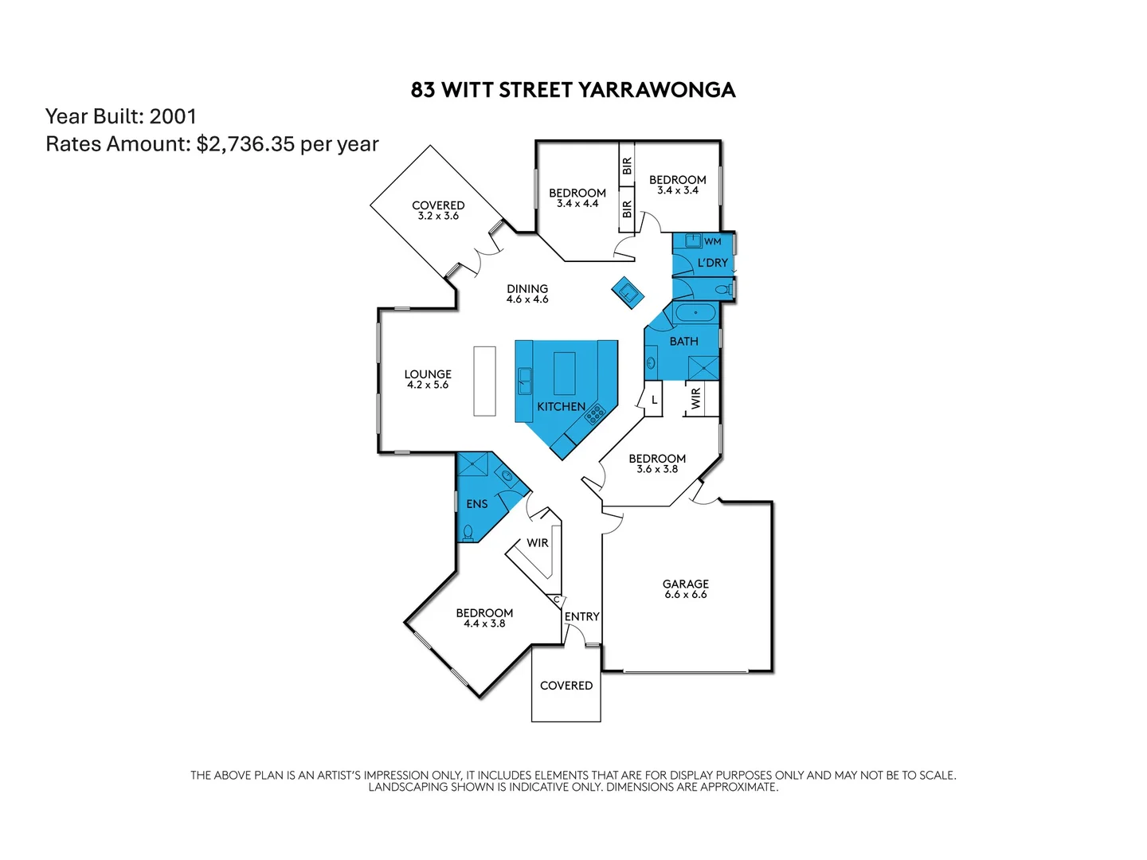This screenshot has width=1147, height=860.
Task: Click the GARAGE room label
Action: pyautogui.click(x=685, y=584)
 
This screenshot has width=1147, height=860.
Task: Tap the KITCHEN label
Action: pyautogui.click(x=561, y=406)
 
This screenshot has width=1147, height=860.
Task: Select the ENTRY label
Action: pyautogui.click(x=581, y=616)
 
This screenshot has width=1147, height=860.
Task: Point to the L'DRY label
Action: pyautogui.click(x=712, y=263)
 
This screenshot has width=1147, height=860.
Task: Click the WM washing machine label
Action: pyautogui.click(x=712, y=241)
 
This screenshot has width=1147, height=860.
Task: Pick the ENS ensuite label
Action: pyautogui.click(x=476, y=504)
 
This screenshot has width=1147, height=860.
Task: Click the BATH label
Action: pyautogui.click(x=683, y=341)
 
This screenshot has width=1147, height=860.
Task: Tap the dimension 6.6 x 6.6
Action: pyautogui.click(x=685, y=595)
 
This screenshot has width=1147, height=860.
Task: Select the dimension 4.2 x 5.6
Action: pyautogui.click(x=428, y=385)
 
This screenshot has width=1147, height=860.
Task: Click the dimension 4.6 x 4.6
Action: pyautogui.click(x=527, y=299)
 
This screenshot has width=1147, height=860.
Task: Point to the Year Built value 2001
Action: pyautogui.click(x=173, y=116)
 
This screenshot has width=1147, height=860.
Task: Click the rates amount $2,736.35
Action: pyautogui.click(x=245, y=144)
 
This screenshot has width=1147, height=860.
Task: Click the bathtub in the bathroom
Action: pyautogui.click(x=695, y=312)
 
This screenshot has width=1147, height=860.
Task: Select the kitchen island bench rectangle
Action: pyautogui.click(x=564, y=373)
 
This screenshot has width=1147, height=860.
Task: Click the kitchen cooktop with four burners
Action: pyautogui.click(x=594, y=413)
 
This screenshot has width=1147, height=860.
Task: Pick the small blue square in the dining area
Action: pyautogui.click(x=628, y=292)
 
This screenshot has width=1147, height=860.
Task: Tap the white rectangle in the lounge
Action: pyautogui.click(x=484, y=381)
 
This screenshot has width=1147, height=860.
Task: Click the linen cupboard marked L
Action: pyautogui.click(x=654, y=400)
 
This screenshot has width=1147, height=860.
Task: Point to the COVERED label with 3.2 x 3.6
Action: pyautogui.click(x=438, y=205)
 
